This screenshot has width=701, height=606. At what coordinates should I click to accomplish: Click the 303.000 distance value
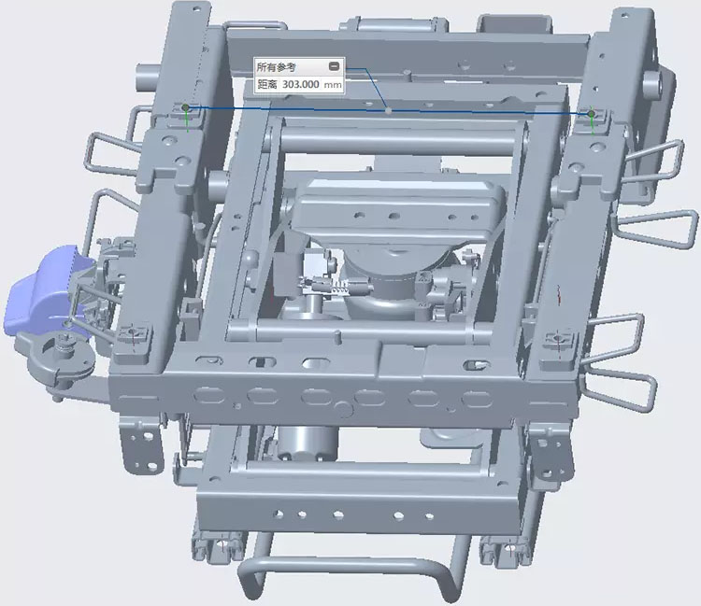click(x=300, y=84)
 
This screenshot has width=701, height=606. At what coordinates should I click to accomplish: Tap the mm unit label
click(x=333, y=85)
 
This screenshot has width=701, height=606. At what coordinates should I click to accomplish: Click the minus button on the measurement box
click(x=334, y=66)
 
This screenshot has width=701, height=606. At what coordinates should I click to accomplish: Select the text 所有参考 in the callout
click(x=276, y=67)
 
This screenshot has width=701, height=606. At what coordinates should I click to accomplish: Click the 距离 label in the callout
click(x=267, y=84)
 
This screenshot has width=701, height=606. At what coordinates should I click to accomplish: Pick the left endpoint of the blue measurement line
click(x=186, y=107)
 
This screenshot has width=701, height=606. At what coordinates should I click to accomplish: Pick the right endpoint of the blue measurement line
click(x=592, y=114)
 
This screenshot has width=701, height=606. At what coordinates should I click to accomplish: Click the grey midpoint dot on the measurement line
click(x=389, y=110)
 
